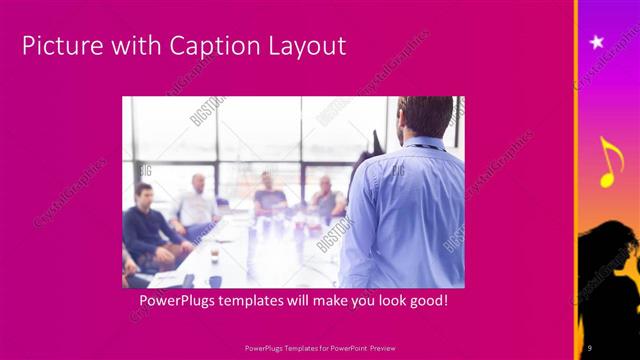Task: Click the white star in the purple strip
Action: [597, 42]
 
